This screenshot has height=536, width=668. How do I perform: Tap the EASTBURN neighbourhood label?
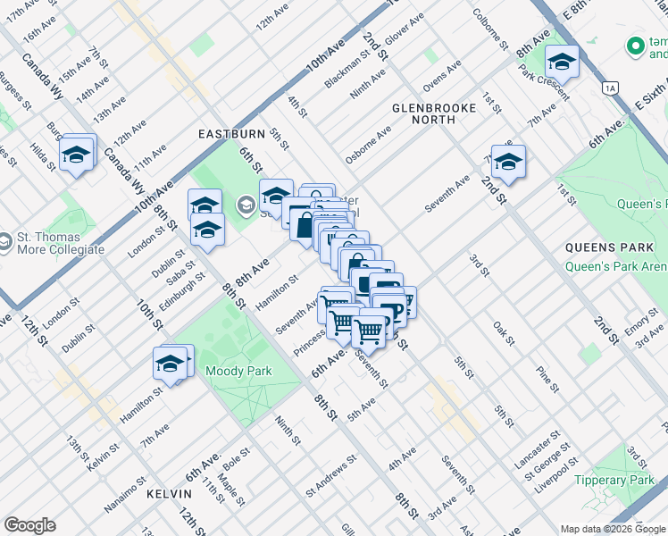click(x=231, y=134)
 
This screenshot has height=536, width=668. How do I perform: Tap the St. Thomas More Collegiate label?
click(x=60, y=243)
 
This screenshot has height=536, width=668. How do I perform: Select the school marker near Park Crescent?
click(x=562, y=62)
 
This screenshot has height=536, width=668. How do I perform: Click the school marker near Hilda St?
click(x=78, y=155)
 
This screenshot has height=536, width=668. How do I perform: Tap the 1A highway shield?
click(x=611, y=88)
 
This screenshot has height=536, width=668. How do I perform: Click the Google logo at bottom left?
click(x=29, y=525)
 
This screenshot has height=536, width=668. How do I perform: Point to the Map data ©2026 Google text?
click(x=612, y=529)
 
